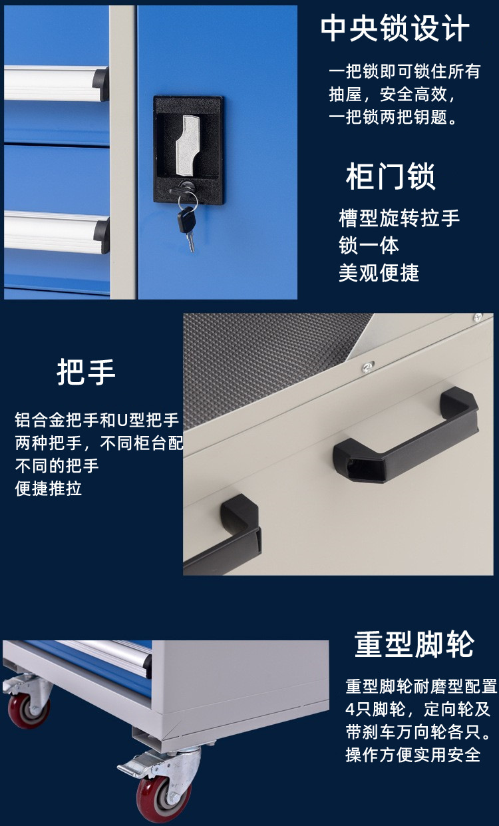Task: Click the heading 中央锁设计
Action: (395, 29)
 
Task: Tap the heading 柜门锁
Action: (391, 176)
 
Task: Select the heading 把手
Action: (86, 372)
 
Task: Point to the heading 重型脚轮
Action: (414, 645)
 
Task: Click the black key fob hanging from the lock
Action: (186, 220)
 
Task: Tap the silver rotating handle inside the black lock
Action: (188, 145)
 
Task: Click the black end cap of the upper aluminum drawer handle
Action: (100, 84)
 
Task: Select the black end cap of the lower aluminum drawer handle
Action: (102, 235)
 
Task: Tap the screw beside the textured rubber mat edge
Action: (367, 367)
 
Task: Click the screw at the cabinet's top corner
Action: (478, 316)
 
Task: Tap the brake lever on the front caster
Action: (132, 765)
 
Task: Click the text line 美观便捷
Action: (379, 273)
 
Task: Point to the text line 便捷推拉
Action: (49, 489)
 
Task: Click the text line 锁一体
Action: (369, 246)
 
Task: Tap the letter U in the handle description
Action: (122, 420)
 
